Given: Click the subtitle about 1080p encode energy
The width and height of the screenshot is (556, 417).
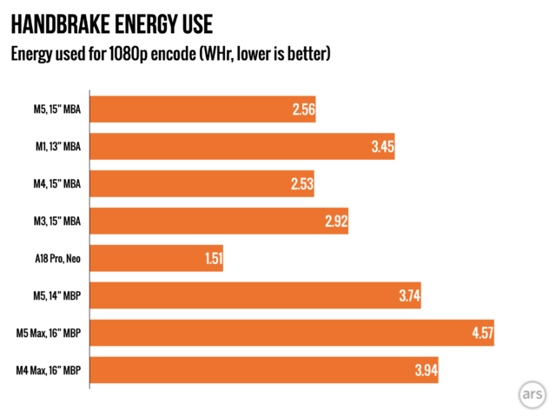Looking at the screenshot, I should coord(170,54).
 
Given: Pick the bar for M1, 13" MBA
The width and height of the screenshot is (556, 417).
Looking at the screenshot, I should coord(243,148).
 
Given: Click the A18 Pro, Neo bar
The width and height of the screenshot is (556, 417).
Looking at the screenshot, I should coord(156,258).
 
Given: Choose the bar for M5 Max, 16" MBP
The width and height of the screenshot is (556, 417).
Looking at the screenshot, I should coord(292,333).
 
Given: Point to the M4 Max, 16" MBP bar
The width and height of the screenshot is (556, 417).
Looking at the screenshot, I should coord(264,370).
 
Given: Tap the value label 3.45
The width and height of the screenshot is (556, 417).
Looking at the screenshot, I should coord(382,148).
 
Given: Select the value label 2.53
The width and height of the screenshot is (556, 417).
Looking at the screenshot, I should coord(301,185).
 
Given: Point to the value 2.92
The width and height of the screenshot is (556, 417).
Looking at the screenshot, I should coord(335,222).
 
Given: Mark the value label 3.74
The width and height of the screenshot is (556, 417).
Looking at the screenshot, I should coord(410,296).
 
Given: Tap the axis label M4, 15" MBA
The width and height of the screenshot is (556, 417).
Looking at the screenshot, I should coord(55,185).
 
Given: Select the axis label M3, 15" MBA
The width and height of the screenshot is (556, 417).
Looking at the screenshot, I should coord(55,222).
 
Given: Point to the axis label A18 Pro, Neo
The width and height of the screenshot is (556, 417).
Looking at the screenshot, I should coord(54,259).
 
